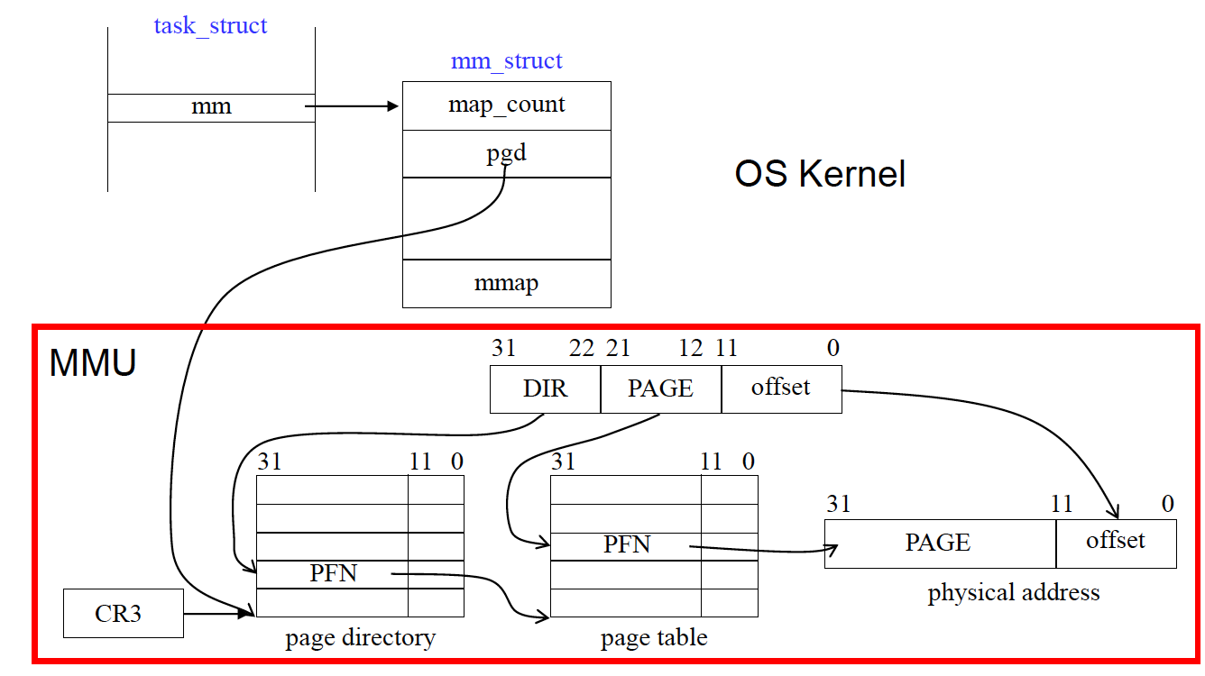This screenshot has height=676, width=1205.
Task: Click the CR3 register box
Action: [124, 613]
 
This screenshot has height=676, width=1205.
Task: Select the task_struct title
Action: [210, 25]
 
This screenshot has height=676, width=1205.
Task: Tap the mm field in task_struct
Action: [211, 107]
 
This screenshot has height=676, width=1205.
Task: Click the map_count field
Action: [506, 105]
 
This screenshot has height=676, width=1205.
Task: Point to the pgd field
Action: [506, 153]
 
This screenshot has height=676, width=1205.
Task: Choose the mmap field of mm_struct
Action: [506, 283]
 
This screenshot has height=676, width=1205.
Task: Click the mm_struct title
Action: [506, 61]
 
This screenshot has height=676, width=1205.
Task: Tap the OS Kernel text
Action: [820, 174]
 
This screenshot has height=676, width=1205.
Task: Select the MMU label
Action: [92, 362]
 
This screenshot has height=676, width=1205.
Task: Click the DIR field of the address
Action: [545, 388]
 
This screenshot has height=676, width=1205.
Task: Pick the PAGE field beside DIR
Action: [660, 388]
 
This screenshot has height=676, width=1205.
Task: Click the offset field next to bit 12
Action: [781, 388]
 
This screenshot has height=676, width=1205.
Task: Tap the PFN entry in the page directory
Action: [333, 573]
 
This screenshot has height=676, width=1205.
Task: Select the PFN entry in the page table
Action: [626, 545]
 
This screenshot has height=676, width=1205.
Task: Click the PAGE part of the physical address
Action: [938, 543]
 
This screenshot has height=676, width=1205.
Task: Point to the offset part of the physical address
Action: [1116, 541]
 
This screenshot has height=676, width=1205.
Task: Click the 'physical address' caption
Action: [1013, 593]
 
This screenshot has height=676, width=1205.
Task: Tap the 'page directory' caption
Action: [360, 638]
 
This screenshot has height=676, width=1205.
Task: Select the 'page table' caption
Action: [654, 638]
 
